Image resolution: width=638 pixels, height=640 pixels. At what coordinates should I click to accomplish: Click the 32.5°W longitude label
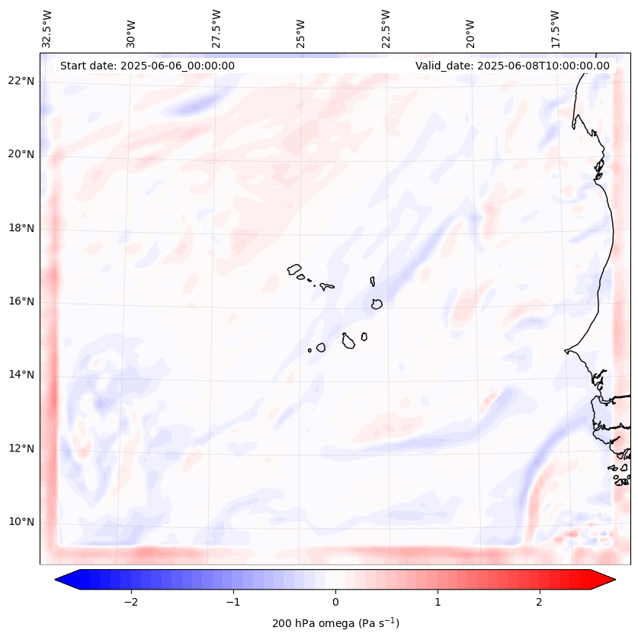47,28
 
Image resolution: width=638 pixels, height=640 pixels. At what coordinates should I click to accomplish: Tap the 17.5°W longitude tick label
555,28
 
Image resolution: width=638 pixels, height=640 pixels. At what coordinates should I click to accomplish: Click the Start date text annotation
147,66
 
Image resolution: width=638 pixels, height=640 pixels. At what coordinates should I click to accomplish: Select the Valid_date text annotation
512,66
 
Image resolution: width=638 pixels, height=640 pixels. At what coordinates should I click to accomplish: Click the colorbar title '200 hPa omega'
335,623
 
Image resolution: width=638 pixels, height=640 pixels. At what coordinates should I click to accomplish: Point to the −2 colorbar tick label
130,601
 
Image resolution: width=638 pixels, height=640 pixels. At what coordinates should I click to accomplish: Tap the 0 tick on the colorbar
335,601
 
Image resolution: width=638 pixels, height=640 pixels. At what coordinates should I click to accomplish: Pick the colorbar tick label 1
438,601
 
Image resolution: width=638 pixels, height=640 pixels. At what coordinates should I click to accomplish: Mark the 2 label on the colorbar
540,601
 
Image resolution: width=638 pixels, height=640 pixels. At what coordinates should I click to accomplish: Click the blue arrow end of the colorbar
67,580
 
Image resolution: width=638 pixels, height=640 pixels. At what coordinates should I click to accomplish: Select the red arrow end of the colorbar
604,580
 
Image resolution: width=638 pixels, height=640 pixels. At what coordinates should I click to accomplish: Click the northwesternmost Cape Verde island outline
294,269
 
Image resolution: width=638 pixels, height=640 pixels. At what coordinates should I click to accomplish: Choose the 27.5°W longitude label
216,28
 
